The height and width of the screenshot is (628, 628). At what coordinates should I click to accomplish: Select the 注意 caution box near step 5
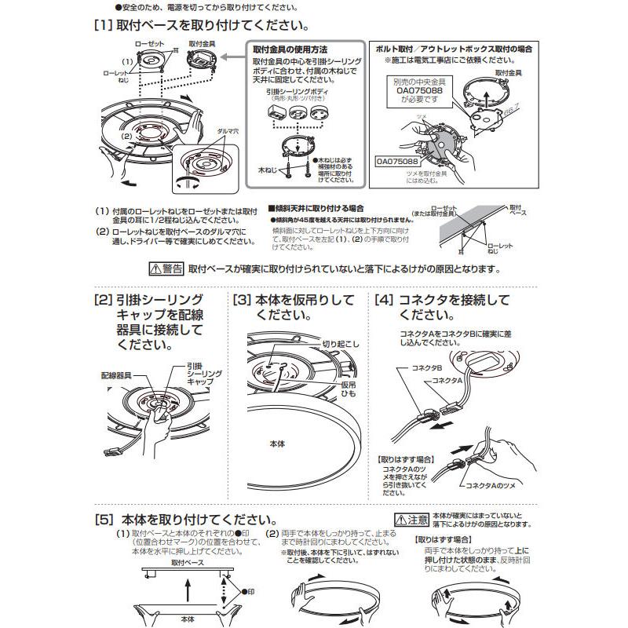click(411, 519)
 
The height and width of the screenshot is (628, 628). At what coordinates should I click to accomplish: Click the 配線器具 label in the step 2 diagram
click(116, 375)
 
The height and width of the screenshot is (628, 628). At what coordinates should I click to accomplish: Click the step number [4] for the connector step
click(385, 301)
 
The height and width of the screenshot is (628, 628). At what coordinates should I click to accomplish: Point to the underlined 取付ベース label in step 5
click(187, 563)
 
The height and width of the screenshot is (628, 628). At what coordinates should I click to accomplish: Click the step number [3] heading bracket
click(243, 301)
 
